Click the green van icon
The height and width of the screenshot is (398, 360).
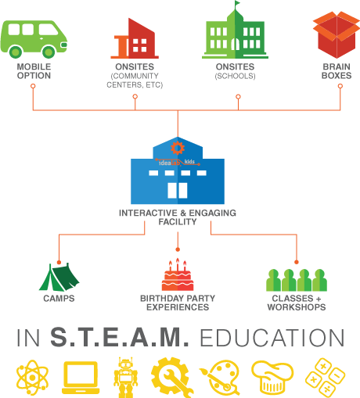[34, 39]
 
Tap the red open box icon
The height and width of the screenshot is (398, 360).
[337, 34]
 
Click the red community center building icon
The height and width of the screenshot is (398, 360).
[135, 38]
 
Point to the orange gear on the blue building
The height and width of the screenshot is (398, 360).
[178, 148]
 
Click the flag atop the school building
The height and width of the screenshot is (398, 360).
[237, 3]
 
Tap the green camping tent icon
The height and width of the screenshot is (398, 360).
[59, 277]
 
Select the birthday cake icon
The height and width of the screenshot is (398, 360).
[178, 274]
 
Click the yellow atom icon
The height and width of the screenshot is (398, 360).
[32, 378]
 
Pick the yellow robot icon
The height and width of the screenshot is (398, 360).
[126, 377]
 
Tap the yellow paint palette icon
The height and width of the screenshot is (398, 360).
[220, 378]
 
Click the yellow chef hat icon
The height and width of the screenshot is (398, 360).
[272, 377]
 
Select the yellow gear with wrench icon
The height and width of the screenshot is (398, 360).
[172, 377]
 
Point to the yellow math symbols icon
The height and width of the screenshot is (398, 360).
[326, 378]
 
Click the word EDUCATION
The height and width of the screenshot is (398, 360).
[272, 338]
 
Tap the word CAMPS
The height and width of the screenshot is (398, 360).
[59, 299]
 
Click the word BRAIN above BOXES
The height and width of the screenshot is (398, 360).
[337, 66]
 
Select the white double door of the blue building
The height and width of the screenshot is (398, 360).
[178, 191]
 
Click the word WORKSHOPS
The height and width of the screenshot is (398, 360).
[297, 307]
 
